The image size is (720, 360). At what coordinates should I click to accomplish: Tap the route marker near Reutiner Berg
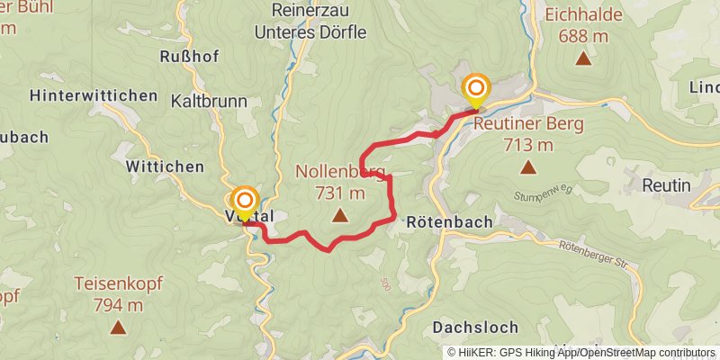(x=475, y=89)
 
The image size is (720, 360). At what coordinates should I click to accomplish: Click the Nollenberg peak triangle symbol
(x=339, y=214)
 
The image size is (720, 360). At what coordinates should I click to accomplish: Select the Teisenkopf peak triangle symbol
(x=117, y=327)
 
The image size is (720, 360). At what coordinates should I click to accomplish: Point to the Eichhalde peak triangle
(x=583, y=58)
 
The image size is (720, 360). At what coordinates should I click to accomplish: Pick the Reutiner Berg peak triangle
(x=527, y=166)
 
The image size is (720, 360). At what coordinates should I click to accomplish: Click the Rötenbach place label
(x=449, y=220)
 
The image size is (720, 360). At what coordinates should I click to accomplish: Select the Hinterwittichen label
(x=94, y=94)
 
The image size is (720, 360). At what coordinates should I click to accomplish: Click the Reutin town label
(x=666, y=184)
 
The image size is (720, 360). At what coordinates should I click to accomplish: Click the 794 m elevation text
(x=118, y=304)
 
